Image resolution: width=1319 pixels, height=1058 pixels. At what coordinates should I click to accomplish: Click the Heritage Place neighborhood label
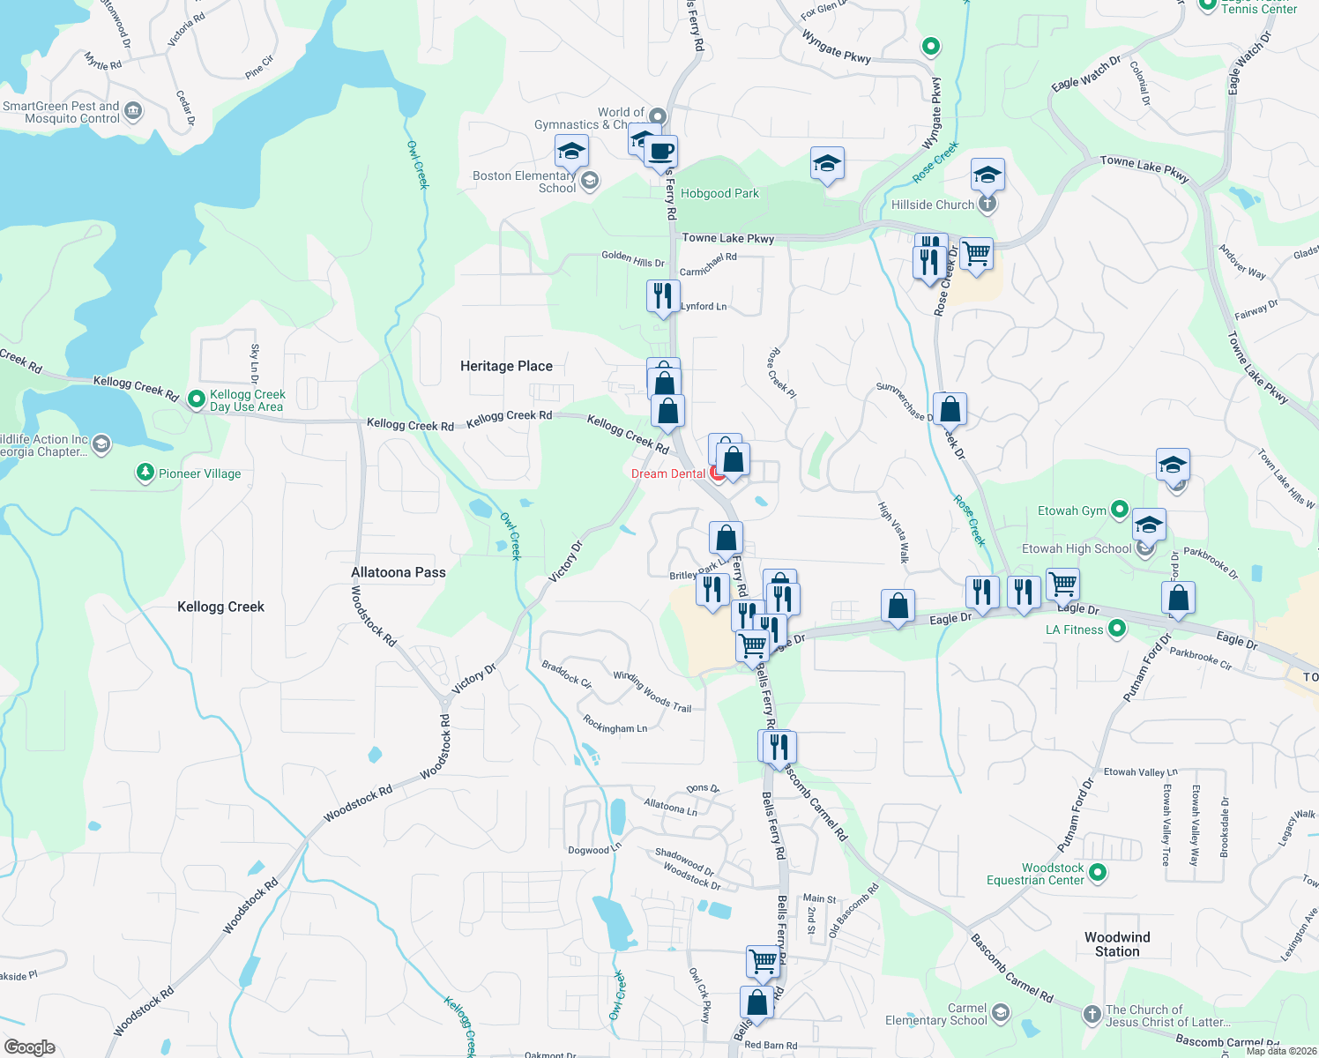tap(506, 366)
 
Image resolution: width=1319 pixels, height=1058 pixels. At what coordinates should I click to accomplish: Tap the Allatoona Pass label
tap(399, 572)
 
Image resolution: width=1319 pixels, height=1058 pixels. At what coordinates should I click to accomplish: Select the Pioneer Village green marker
tap(145, 473)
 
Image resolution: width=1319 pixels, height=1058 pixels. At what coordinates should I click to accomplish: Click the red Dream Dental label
tap(668, 473)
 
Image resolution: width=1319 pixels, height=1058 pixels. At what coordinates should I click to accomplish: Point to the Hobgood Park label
tap(719, 193)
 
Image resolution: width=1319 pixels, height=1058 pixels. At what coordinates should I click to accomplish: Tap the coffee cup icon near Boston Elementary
tap(660, 151)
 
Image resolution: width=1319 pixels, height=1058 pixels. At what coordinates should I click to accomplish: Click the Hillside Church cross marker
tap(987, 205)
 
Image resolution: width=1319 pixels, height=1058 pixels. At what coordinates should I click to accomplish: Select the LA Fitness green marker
tap(1117, 629)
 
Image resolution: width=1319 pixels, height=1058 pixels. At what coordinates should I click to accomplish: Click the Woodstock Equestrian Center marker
tap(1098, 873)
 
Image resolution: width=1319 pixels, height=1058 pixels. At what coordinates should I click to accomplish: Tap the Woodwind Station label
tap(1117, 944)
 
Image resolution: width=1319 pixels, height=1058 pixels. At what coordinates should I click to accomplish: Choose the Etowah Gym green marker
tap(1120, 509)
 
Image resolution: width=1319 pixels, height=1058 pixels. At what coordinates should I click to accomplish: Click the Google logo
tap(30, 1047)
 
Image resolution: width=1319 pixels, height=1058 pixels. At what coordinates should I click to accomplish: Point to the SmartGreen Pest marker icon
tap(133, 111)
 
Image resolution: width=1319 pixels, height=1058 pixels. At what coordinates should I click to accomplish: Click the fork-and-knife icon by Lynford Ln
tap(663, 296)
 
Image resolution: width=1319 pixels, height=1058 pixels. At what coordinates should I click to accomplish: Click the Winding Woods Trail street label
tap(652, 691)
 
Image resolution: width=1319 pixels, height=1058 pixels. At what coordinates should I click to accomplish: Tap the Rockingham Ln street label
tap(615, 725)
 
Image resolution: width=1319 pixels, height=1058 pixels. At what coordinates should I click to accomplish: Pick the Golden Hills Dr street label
tap(633, 258)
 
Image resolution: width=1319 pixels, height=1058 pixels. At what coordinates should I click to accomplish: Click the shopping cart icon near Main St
tap(763, 960)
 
